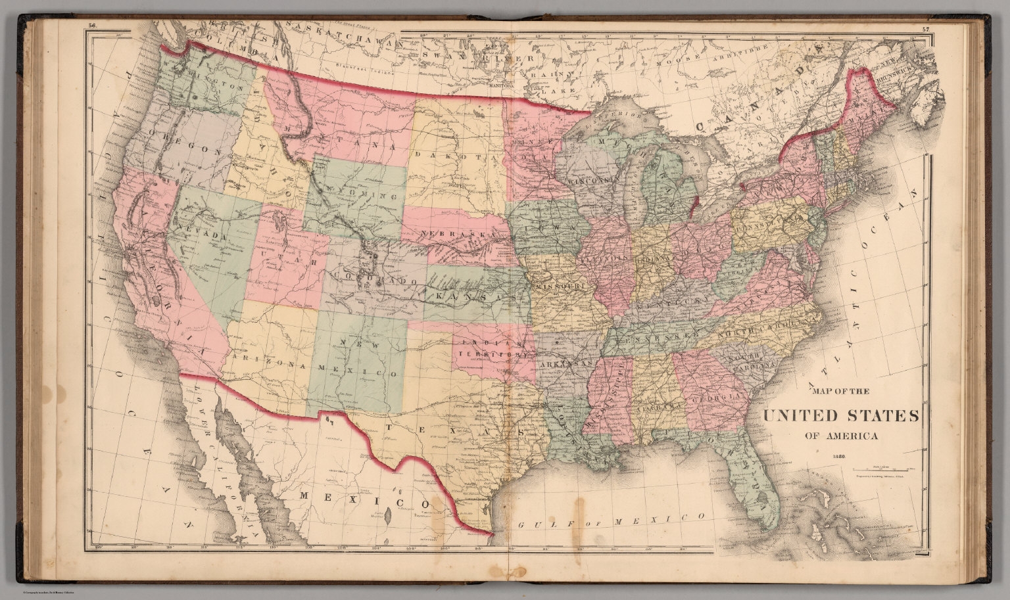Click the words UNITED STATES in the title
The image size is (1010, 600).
841,415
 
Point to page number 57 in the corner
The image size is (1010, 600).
925,29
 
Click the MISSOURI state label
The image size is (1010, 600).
560,288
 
